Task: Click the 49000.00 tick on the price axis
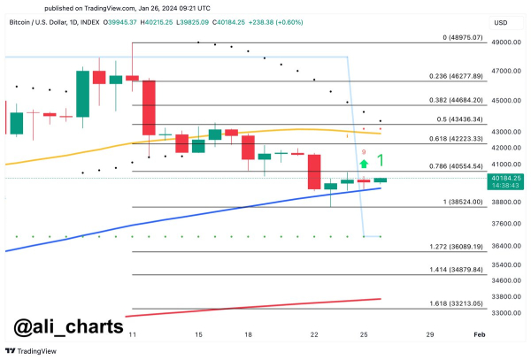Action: click(x=506, y=42)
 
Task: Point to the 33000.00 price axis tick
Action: click(x=506, y=313)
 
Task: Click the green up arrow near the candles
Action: click(x=364, y=163)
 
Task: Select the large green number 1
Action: click(x=380, y=161)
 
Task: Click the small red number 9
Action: click(x=363, y=152)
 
